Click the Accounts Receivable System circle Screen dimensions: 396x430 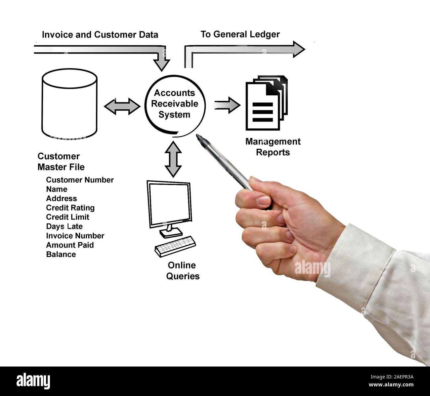tap(175, 104)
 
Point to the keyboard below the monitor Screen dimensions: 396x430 tap(175, 246)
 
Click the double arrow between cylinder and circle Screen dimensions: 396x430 tap(122, 106)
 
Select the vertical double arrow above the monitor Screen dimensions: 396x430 tap(173, 159)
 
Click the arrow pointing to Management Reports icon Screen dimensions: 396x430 tap(227, 105)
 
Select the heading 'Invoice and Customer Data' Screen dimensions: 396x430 tap(100, 35)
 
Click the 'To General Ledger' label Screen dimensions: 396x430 tap(240, 34)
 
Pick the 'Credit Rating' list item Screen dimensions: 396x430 tap(70, 208)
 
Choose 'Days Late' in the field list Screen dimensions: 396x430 tap(64, 226)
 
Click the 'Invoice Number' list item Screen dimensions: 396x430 tap(75, 236)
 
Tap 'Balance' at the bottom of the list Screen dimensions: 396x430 tap(61, 254)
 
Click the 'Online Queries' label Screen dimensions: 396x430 tap(183, 271)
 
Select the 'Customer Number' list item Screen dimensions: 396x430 tap(80, 180)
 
